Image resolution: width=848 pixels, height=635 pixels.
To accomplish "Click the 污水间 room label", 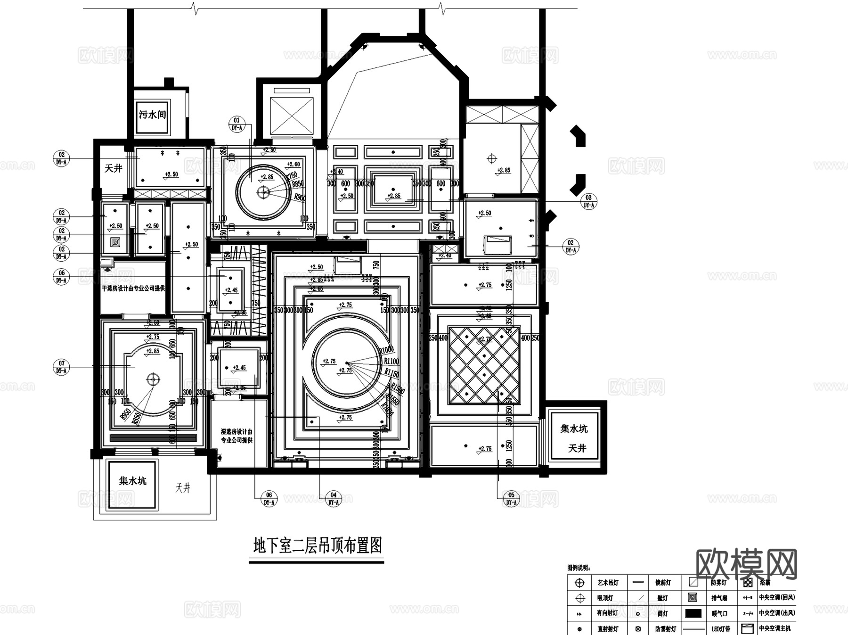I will point(152,115).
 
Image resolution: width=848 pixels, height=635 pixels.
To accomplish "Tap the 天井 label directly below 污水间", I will point(113,168).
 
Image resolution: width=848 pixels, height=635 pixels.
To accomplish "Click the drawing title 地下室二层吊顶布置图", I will point(317,546).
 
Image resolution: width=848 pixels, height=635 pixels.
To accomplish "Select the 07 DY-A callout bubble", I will point(61,367).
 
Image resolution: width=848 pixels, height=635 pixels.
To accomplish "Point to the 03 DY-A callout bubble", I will point(588,201).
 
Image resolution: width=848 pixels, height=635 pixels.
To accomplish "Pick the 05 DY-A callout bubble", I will point(511,498).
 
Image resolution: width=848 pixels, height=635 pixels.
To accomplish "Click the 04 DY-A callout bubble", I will point(333,498).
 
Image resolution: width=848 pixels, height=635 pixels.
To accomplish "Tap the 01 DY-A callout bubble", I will point(236,124).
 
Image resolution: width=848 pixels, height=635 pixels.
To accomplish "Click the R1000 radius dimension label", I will point(386,350).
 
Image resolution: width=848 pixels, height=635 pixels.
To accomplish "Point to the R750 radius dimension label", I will point(292,176).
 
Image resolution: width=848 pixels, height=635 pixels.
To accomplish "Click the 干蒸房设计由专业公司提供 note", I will point(133,288).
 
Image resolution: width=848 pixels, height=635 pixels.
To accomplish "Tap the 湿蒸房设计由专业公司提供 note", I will point(237,436).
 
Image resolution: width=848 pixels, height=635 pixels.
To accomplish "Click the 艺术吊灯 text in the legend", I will point(608,583).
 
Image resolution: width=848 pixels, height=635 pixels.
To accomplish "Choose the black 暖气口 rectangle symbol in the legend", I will point(693,613).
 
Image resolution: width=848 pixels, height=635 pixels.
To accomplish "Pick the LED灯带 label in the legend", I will point(721,629).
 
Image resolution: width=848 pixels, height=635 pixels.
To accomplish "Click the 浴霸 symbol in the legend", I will point(748,583).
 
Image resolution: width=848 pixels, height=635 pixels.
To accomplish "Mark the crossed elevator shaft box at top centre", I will point(292,116).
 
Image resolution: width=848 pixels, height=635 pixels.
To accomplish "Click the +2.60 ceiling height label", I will point(293,165).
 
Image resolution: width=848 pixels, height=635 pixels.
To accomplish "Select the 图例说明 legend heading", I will point(579,568).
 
